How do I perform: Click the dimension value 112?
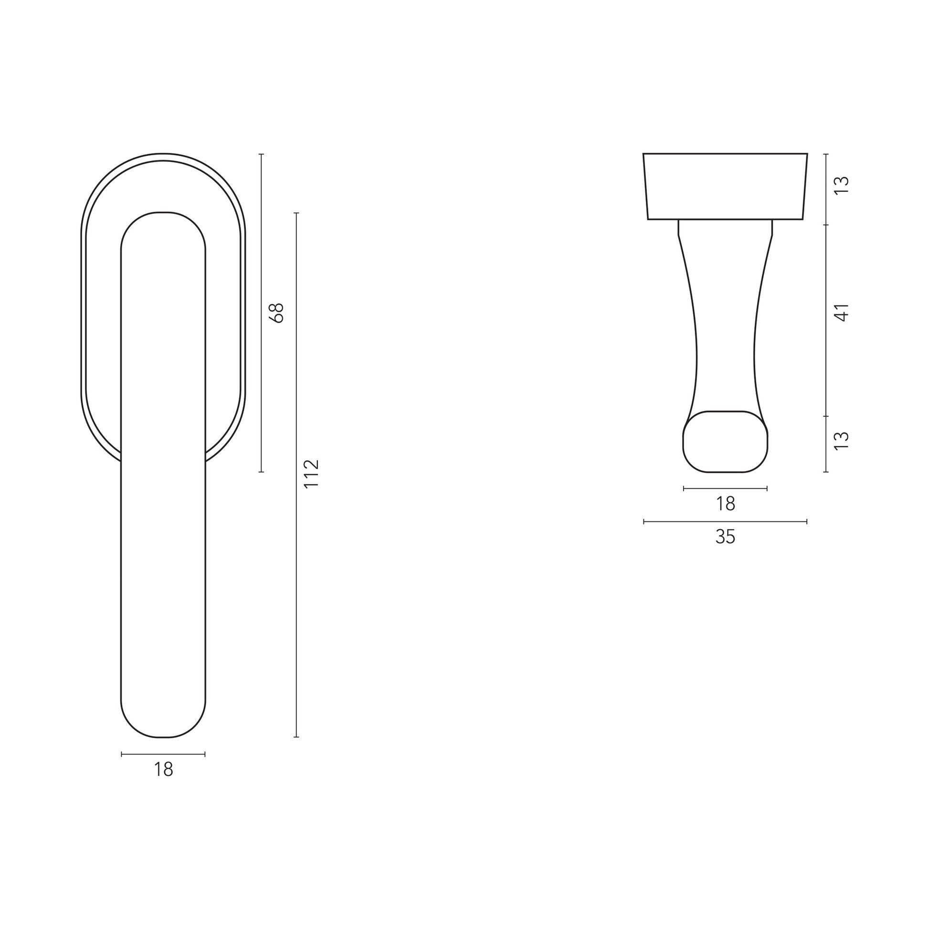pos(312,474)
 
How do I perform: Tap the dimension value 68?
pos(277,313)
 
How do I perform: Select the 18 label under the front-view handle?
pos(163,770)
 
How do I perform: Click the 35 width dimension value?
pos(725,537)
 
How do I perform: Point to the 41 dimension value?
pos(842,313)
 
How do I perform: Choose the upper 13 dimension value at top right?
pos(842,185)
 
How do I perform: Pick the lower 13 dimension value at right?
pos(842,441)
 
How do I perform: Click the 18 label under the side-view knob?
pos(726,504)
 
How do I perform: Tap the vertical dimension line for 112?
pos(296,475)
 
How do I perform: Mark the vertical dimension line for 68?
pos(261,313)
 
